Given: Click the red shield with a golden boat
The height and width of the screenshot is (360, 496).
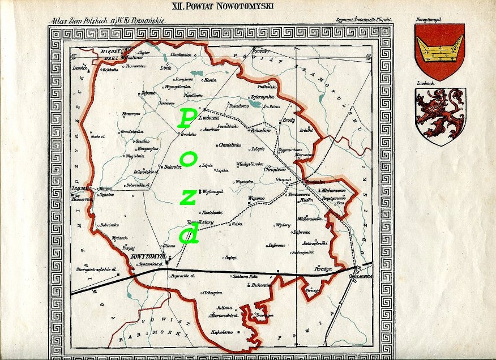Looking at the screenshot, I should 439,50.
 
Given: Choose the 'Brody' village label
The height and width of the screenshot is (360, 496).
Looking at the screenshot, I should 289,121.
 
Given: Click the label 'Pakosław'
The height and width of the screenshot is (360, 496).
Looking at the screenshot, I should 262,129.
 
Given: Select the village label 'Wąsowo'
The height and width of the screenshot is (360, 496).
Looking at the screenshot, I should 256,199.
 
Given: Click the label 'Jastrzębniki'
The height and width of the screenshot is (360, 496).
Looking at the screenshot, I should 317,242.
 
